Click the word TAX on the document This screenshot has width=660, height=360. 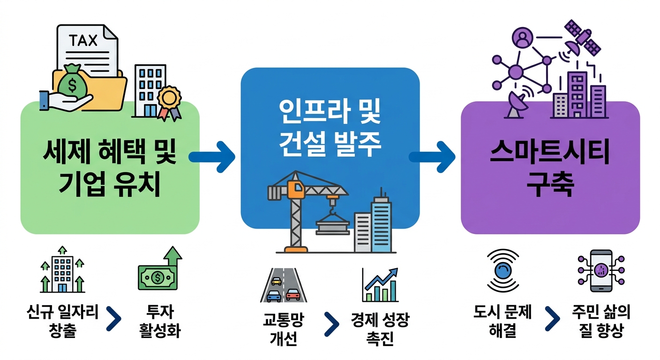83,40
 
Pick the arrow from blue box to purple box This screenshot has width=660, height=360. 434,157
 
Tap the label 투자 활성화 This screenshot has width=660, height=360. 160,322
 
